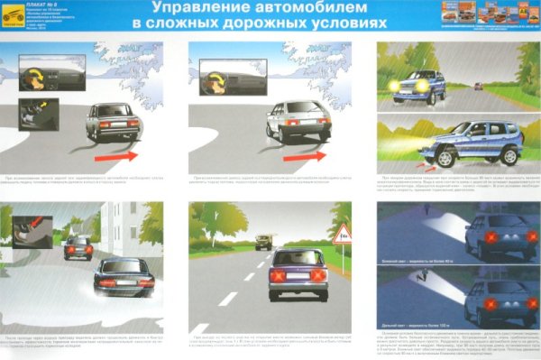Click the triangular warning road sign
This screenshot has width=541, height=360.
[342, 236]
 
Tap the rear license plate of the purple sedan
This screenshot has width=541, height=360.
[295, 286]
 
